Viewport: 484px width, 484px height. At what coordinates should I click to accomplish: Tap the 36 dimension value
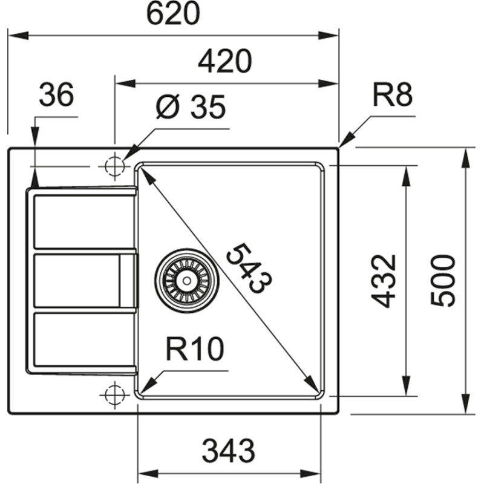point(56,95)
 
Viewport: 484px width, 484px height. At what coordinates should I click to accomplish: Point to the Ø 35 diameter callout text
point(191,108)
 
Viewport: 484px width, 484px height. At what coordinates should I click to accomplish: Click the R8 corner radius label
point(391,96)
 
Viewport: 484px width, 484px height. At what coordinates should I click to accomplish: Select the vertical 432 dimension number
point(383,281)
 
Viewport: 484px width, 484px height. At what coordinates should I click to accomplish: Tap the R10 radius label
point(195,350)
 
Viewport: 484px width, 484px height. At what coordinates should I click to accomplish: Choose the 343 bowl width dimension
point(228,451)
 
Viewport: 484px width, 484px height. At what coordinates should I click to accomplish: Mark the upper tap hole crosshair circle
point(114,166)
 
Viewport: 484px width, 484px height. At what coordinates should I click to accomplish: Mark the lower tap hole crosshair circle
point(114,394)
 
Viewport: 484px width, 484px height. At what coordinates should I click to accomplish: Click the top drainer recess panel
point(83,220)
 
